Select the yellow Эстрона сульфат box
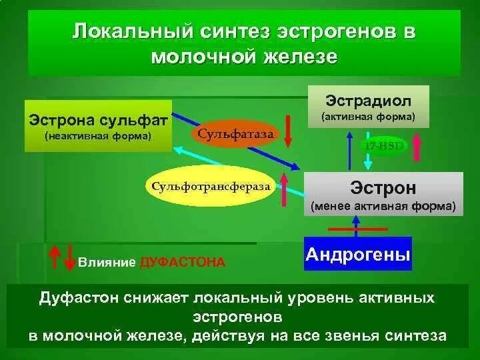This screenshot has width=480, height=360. [x=98, y=125]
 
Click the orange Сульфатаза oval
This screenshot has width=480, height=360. [x=235, y=133]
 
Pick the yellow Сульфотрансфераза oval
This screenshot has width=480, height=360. [x=211, y=186]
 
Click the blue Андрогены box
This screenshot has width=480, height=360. [x=357, y=254]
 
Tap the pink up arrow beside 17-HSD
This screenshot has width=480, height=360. [x=417, y=147]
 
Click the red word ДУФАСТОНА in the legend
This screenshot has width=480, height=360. [x=183, y=262]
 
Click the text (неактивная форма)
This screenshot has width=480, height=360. [x=98, y=137]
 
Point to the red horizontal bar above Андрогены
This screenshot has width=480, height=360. [x=356, y=229]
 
